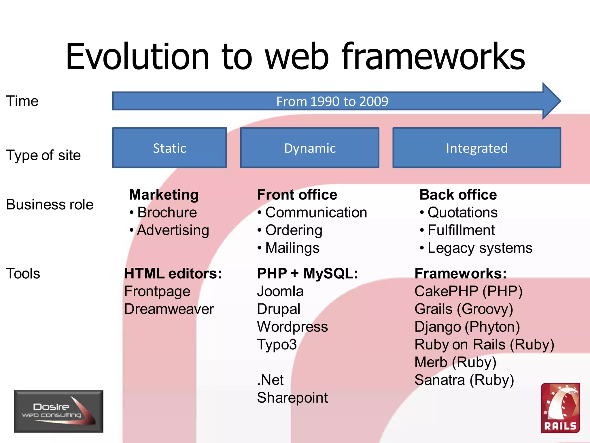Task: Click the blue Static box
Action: tap(169, 148)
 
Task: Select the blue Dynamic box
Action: tap(310, 148)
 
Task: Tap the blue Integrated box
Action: tap(476, 148)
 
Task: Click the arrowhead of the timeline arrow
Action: tap(551, 101)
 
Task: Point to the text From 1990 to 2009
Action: tap(332, 101)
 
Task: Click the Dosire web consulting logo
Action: tap(59, 411)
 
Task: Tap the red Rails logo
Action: tap(560, 408)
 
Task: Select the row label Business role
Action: tap(50, 204)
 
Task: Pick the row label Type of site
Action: tap(44, 155)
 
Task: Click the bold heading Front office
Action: tap(297, 195)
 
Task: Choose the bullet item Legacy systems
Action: tap(480, 248)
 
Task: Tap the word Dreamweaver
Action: tap(169, 309)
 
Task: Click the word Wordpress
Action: tap(292, 327)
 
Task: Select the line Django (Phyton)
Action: tap(467, 327)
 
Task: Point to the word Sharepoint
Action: tap(292, 398)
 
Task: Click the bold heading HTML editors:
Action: tap(173, 273)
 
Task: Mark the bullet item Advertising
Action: tap(173, 230)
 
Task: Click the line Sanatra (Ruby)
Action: tap(464, 380)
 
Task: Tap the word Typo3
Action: tap(277, 345)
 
